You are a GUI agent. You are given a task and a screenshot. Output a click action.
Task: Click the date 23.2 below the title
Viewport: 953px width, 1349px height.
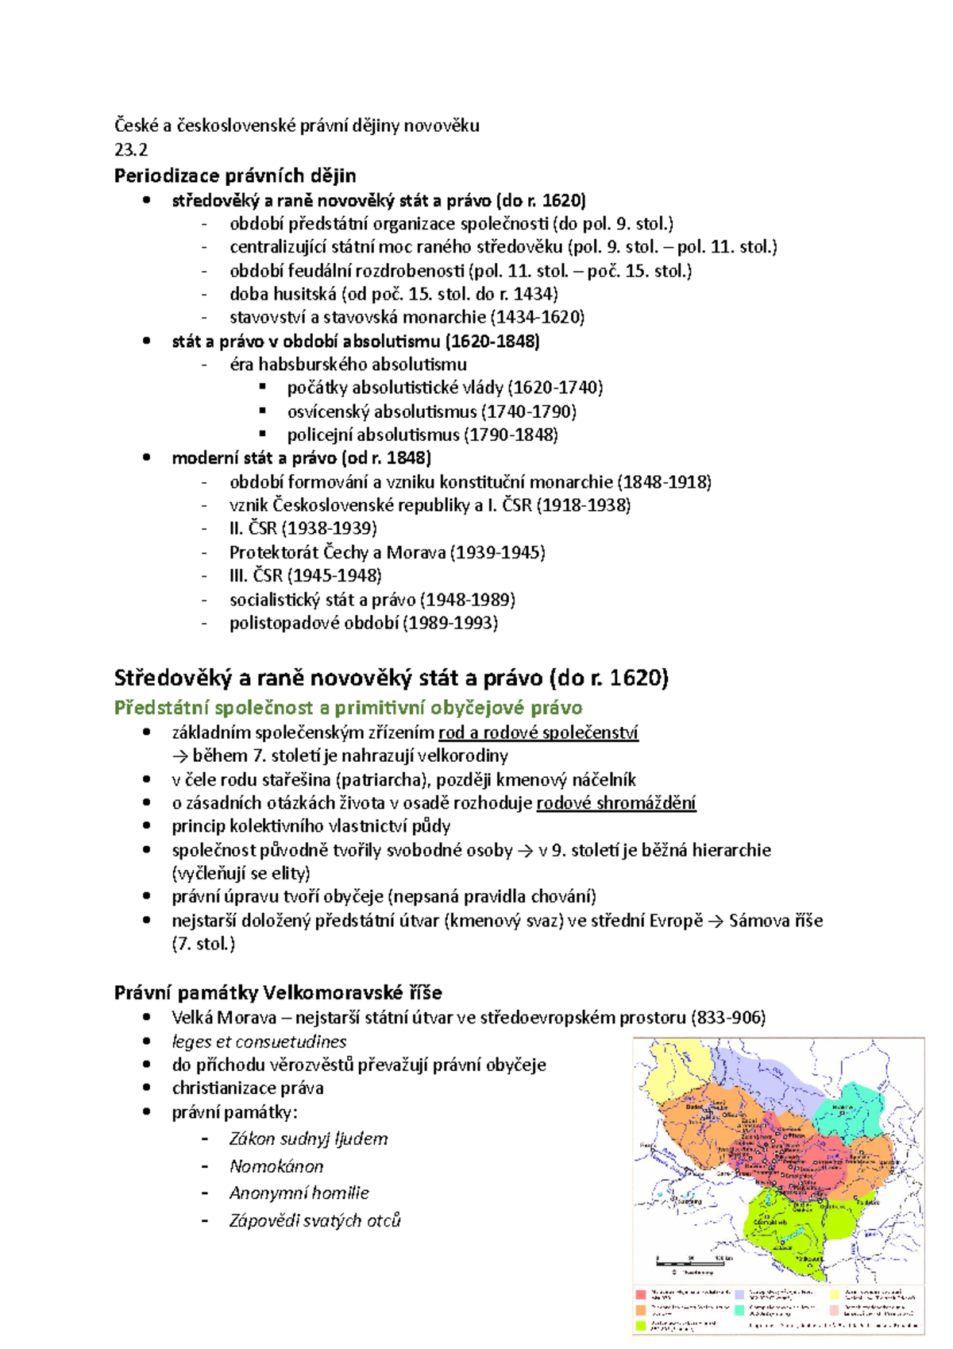click(x=131, y=149)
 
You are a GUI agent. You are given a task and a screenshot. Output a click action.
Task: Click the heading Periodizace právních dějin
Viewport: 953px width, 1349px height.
click(x=235, y=176)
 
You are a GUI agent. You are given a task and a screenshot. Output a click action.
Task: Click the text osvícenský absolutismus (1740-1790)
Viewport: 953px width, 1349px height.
click(x=431, y=412)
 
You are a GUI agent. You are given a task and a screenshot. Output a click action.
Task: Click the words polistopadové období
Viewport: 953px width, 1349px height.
click(x=314, y=623)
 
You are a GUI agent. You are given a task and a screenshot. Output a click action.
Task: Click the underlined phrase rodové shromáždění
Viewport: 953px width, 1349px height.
click(x=616, y=803)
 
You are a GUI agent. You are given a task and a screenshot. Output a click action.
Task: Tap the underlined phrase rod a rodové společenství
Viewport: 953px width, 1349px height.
click(x=538, y=732)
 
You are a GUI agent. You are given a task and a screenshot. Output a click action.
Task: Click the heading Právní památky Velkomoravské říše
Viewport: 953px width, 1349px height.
click(x=278, y=992)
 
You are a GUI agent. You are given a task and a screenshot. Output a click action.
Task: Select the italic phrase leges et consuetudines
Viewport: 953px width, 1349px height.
click(x=259, y=1042)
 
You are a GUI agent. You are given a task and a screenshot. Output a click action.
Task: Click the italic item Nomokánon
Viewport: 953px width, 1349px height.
click(x=276, y=1166)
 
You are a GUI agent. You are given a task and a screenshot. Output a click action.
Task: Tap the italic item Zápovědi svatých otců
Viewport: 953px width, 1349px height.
click(x=314, y=1220)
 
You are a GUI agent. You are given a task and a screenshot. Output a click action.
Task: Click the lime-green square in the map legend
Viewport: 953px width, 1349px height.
click(x=641, y=1325)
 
